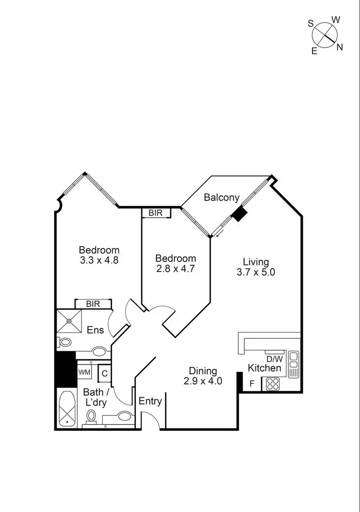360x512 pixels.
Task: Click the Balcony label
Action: [x=221, y=197]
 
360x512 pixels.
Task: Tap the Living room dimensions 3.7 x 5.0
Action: [x=256, y=272]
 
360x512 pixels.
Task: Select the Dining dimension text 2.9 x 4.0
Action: [x=203, y=381]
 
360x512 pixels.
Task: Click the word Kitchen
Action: [x=264, y=368]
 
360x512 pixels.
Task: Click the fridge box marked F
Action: [x=252, y=384]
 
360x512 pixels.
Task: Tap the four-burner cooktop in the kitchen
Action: [x=273, y=384]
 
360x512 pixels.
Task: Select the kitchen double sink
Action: [x=293, y=364]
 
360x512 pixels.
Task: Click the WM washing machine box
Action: [x=84, y=372]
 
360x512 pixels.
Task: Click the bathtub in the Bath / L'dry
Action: [x=66, y=408]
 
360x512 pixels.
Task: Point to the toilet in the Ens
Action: [x=64, y=342]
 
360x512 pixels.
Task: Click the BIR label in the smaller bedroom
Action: [x=156, y=213]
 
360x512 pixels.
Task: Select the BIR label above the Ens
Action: [x=93, y=304]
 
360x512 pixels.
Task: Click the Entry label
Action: [x=150, y=401]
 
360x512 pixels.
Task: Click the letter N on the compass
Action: [x=339, y=47]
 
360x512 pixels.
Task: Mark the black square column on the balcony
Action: [x=239, y=214]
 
